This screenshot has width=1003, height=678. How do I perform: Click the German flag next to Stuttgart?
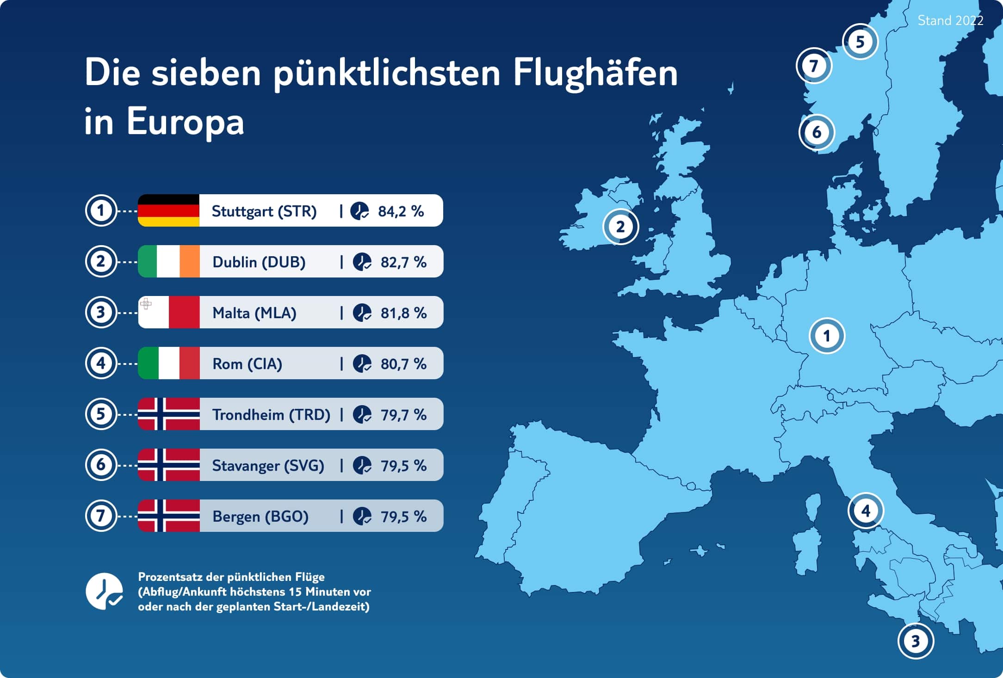[x=168, y=210]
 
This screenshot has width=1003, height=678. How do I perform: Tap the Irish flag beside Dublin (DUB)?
[x=168, y=261]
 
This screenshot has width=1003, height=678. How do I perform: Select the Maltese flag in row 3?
[x=168, y=312]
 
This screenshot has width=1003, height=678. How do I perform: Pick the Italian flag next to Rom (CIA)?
[x=168, y=363]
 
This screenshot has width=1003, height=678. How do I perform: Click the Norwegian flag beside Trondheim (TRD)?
[x=168, y=414]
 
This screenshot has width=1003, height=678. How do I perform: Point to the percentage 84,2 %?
[x=401, y=211]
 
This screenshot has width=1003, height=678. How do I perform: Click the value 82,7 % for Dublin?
[x=403, y=262]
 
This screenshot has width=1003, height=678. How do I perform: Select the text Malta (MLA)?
[x=254, y=313]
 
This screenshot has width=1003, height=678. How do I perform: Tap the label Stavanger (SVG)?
[x=268, y=466]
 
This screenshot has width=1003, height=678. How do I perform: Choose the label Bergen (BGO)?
[x=260, y=517]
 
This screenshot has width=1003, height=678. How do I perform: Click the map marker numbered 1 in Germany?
[x=827, y=336]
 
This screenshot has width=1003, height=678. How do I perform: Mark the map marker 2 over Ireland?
[x=620, y=227]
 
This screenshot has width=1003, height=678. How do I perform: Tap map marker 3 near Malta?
[x=915, y=641]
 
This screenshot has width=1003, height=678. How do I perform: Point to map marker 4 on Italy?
[x=866, y=511]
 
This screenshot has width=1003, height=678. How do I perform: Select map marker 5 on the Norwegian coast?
[x=860, y=42]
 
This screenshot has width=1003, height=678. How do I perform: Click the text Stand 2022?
[x=950, y=21]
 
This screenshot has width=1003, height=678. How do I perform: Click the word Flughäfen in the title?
[x=595, y=73]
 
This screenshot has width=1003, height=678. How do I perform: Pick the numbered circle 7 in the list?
[x=100, y=516]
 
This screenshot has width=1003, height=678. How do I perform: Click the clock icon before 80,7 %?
[x=362, y=364]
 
